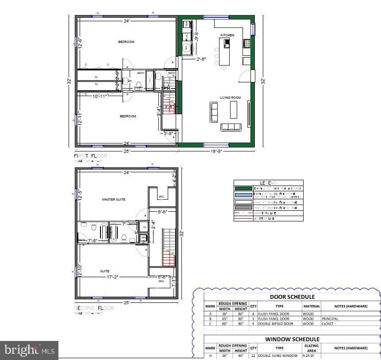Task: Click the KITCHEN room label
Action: point(227,35)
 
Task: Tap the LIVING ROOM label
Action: point(230,98)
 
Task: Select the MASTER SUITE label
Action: point(113,200)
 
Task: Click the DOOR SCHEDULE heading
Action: point(292,297)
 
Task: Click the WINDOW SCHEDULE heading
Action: point(292,339)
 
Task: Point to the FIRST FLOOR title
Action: point(90,156)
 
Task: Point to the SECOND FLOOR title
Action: point(93,308)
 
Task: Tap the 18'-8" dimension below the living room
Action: point(216,151)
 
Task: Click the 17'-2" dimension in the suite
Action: point(112,277)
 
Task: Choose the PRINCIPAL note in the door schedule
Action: point(330,318)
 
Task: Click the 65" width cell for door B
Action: point(224,318)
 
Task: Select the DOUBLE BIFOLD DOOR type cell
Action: point(275,323)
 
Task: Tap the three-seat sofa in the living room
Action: point(230,127)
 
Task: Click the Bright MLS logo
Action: point(29,350)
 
